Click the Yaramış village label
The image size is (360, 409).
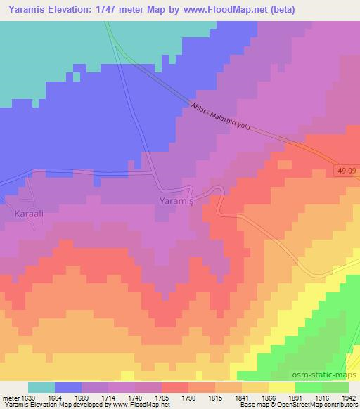[176, 200]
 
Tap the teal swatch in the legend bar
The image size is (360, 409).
[41, 387]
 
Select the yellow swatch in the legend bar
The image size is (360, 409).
[281, 387]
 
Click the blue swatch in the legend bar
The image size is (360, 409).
[68, 387]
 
